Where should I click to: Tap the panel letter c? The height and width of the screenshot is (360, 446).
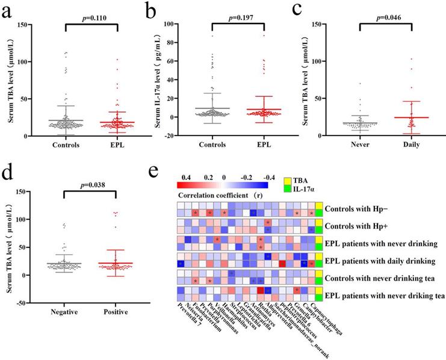(x=313, y=10)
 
